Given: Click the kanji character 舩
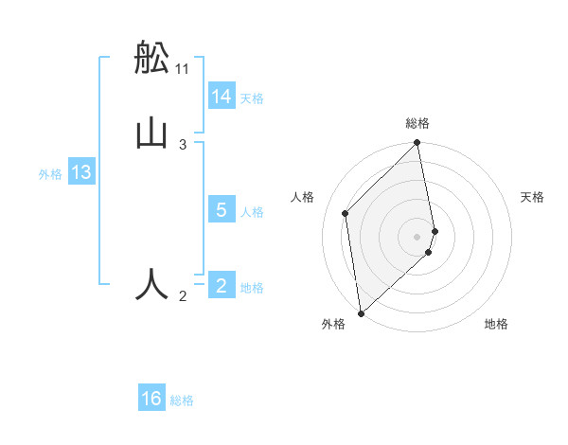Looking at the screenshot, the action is pos(152,59).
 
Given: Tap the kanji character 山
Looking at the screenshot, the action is pos(152,133).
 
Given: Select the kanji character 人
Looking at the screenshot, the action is pos(152,284).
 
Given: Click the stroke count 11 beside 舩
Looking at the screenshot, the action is pos(183,68).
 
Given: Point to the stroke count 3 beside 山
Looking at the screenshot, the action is pos(183,144).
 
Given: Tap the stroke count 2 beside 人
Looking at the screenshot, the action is pos(183,296).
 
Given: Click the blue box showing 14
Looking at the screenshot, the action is pos(222,97).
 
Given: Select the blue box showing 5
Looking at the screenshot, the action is pos(222,210).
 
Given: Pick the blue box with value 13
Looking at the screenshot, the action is pos(81,172).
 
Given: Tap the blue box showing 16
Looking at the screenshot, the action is pos(151,399).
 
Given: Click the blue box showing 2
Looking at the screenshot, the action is pos(222,286).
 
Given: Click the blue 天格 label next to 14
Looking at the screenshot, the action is pos(252,98).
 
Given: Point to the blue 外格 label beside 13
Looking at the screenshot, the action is pos(50,173).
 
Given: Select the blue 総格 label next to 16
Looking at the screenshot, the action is pos(182,400).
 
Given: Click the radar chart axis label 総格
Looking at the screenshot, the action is pos(417,123).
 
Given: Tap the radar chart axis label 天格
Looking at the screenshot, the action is pos(533,197).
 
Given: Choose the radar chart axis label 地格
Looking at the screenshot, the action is pos(496,324).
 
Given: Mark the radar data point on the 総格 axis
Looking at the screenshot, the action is pos(417,144).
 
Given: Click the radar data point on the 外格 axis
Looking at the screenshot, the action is pos(361,312).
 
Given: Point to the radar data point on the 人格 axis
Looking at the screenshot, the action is pos(346,213).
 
